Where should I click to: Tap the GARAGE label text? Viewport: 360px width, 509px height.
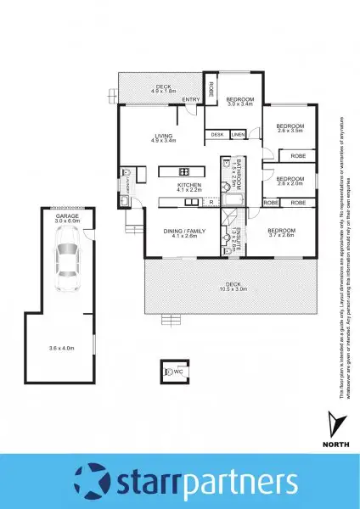click(x=67, y=217)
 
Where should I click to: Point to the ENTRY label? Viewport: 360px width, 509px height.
click(x=191, y=101)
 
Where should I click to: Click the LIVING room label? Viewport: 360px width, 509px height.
click(x=165, y=135)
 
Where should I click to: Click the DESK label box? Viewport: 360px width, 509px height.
click(x=217, y=135)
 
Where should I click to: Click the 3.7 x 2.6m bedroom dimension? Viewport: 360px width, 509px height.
click(x=281, y=237)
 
